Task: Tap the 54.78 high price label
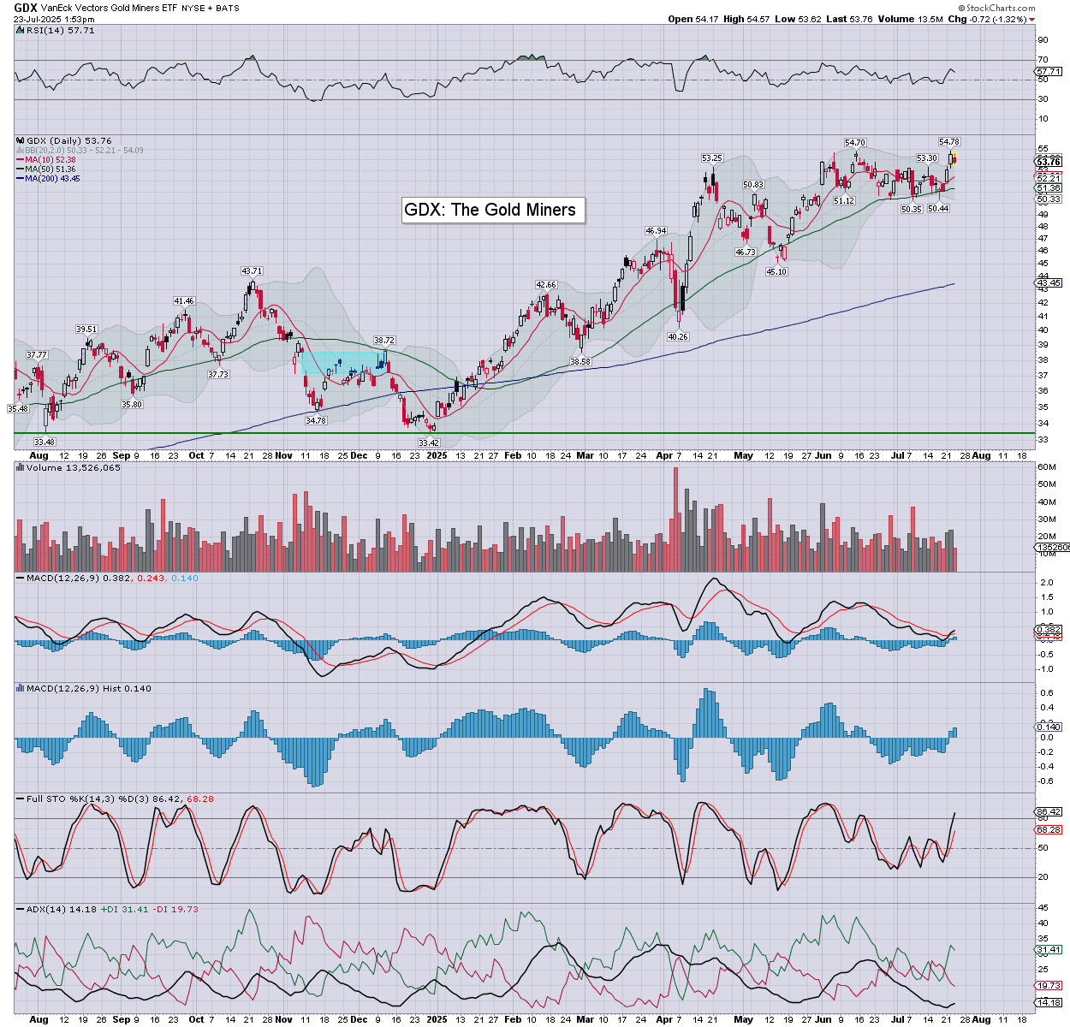pos(948,142)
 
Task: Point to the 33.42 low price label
pos(428,442)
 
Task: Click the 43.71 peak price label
pos(251,271)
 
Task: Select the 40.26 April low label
pos(678,337)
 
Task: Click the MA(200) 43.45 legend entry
pos(52,179)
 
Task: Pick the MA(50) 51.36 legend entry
pos(51,169)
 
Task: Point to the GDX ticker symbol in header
pos(25,8)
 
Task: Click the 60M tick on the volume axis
pos(1046,467)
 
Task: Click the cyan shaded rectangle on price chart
pos(342,363)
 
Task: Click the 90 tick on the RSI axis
pos(1043,40)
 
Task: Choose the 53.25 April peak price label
pos(712,158)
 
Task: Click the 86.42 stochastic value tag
pos(1049,811)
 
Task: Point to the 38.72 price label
pos(383,341)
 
